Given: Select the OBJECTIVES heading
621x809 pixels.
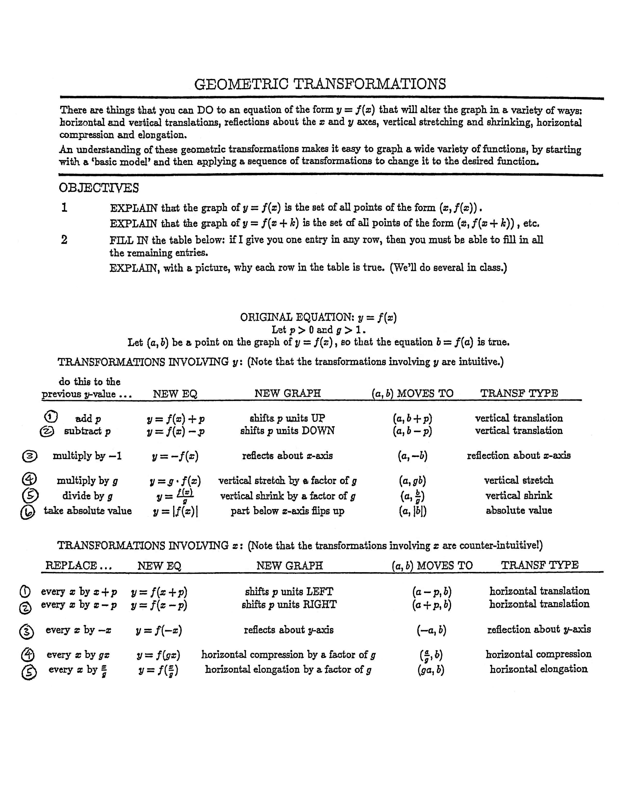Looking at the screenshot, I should [x=99, y=188].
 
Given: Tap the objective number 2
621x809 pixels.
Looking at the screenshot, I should [x=64, y=240].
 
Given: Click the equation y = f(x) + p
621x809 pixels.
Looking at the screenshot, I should [x=175, y=419].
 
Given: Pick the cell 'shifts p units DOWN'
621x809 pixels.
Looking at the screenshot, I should [x=287, y=431].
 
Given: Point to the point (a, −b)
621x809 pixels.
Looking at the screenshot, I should [x=412, y=456].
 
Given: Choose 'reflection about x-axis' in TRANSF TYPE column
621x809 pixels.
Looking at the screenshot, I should [x=519, y=455].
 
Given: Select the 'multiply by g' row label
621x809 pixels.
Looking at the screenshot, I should [x=87, y=481].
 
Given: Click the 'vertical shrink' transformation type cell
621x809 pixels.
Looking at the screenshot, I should [x=519, y=496].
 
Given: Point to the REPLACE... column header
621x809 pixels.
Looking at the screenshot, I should [x=78, y=565].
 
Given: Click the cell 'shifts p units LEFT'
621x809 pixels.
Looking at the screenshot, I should [x=289, y=592].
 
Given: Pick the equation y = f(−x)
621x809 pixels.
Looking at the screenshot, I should [x=158, y=630].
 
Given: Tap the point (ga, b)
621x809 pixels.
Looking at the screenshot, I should [x=431, y=670].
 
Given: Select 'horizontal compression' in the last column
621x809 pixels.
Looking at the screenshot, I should [x=538, y=654].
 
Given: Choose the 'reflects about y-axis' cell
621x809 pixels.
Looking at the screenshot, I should [x=289, y=630].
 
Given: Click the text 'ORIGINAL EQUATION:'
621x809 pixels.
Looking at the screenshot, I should [x=297, y=317].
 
